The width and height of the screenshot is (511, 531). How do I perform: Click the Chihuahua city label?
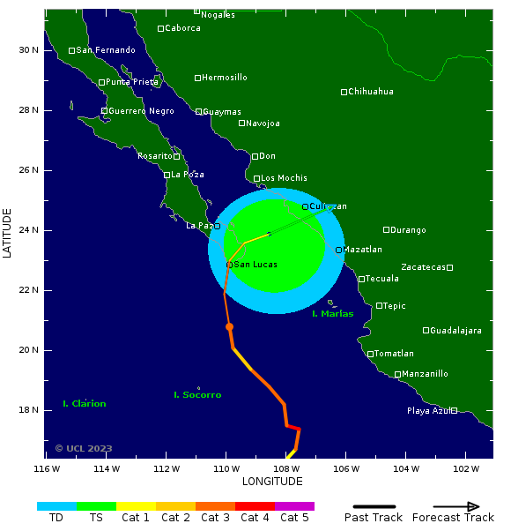point(371,92)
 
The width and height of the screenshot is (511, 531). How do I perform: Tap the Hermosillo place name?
point(225,78)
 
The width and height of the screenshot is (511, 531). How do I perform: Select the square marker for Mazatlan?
point(339,250)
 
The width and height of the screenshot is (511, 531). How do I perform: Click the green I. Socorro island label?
point(197,395)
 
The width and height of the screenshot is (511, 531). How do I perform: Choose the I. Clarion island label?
point(85,404)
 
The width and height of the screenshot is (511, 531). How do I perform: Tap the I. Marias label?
point(333,314)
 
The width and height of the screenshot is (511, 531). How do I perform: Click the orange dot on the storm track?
point(229,326)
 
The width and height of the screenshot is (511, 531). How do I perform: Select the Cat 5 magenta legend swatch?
point(294,506)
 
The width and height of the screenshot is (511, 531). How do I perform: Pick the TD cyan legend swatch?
point(56,506)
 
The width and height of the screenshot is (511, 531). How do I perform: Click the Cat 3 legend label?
point(215,518)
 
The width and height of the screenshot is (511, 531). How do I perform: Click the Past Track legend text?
point(374,518)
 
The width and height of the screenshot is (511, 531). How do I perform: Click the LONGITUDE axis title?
point(272,482)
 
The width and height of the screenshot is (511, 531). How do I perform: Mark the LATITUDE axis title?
point(8,233)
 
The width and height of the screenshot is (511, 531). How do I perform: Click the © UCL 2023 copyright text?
point(84,448)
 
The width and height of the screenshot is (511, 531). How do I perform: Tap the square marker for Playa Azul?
point(454,410)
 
